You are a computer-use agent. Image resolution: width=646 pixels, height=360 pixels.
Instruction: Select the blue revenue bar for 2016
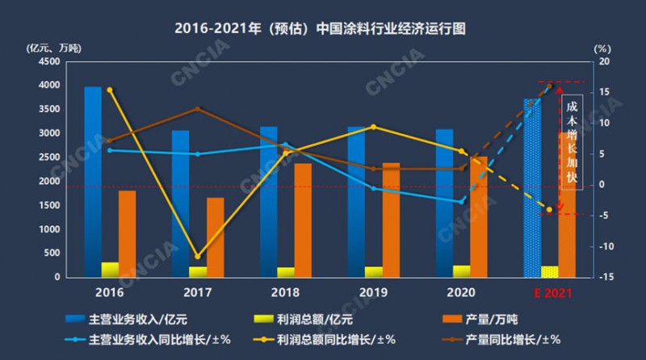(93, 178)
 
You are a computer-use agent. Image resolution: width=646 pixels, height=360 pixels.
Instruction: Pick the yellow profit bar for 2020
(461, 270)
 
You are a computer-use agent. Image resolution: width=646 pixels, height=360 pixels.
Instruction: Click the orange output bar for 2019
(392, 220)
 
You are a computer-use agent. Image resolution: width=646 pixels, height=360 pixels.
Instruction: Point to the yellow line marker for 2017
(197, 257)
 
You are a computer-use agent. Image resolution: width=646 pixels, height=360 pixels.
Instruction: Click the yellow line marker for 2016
(110, 90)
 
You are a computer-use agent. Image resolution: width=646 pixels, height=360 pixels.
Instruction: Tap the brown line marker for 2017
(197, 109)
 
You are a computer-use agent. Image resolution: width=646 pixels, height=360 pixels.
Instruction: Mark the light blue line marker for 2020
(462, 202)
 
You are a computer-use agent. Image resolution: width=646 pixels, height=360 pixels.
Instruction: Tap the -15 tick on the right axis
(605, 278)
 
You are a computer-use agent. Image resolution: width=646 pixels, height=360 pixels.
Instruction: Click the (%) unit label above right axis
(602, 48)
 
